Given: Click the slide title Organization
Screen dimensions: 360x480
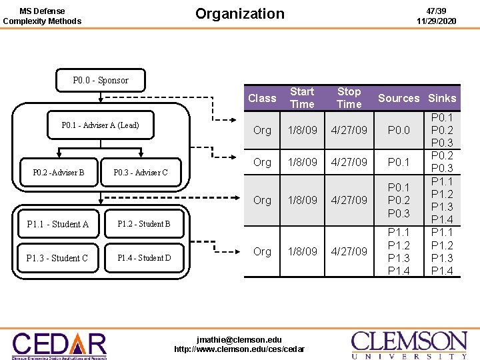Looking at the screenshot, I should (x=239, y=14).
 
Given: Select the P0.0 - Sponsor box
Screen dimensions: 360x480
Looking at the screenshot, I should (x=101, y=80).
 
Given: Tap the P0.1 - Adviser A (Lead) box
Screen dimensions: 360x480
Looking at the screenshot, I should (x=101, y=125).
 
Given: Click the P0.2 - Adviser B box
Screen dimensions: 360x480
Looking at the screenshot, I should (x=59, y=173).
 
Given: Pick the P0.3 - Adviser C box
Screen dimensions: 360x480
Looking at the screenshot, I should (x=141, y=173).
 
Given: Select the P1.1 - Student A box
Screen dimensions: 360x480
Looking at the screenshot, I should (x=57, y=225).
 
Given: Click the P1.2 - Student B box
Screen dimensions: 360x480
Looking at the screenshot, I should (x=144, y=224).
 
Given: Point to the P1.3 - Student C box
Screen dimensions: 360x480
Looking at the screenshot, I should (x=57, y=258).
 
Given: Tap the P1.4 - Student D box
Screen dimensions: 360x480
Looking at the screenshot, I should (x=144, y=258).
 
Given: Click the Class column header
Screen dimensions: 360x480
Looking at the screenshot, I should (x=262, y=98).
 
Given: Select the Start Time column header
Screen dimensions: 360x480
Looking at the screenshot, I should (x=302, y=98).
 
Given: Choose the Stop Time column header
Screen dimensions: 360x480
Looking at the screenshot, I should (x=349, y=98).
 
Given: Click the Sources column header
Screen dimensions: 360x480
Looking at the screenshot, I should (x=399, y=99).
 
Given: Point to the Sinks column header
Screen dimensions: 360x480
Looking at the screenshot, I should (x=443, y=99).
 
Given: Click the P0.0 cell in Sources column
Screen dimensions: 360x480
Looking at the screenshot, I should (x=399, y=131).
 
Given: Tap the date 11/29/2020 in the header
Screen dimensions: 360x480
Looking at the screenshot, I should (x=436, y=21).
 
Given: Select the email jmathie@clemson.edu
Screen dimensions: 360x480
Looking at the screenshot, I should (x=239, y=340).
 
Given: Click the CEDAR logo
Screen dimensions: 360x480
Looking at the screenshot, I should (x=59, y=345).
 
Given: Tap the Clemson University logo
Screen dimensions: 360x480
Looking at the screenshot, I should (x=409, y=345).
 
